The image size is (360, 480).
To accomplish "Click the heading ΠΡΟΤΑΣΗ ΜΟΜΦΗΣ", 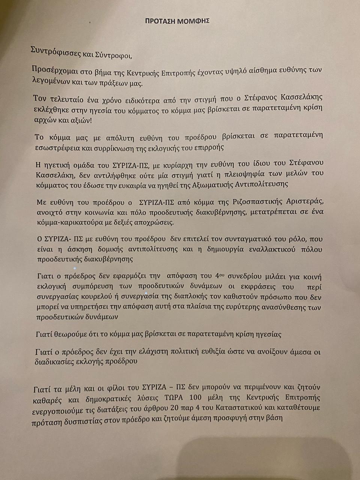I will tap(177, 21).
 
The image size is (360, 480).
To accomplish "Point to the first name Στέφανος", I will tap(260, 98).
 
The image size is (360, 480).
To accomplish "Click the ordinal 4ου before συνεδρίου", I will tap(219, 276).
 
